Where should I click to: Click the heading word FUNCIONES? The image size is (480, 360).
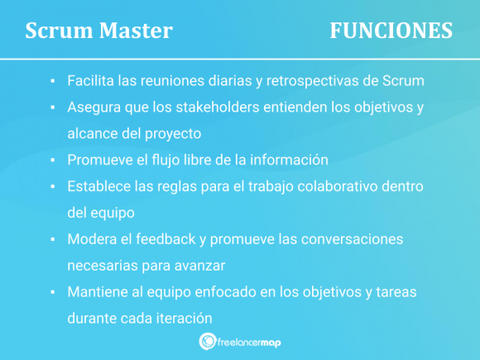tap(391, 31)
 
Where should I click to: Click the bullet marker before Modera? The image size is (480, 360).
tap(51, 239)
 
